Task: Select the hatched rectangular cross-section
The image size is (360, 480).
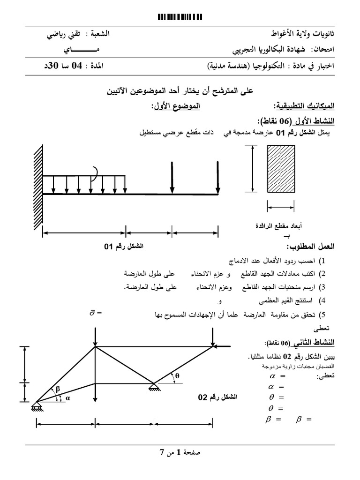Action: coord(281,169)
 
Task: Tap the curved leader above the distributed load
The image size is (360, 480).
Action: coord(96,173)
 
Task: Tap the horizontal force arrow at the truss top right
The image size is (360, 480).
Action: coord(221,346)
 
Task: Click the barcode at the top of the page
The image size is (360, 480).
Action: coord(180,17)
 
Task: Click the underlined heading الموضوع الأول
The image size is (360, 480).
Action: coord(175,106)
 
